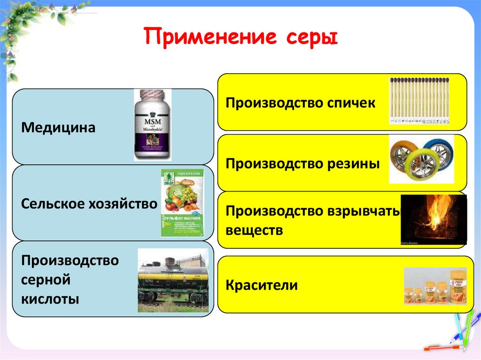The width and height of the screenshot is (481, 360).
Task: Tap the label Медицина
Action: pos(58,127)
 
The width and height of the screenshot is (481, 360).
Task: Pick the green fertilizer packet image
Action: pos(182,202)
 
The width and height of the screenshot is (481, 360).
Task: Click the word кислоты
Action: pos(50,299)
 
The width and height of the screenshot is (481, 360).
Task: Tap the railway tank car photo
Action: pos(173,280)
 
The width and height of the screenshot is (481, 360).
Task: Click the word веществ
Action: pos(254,230)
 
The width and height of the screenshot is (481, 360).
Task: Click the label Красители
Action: pos(261,285)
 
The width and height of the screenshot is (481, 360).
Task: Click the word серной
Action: pos(45,280)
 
